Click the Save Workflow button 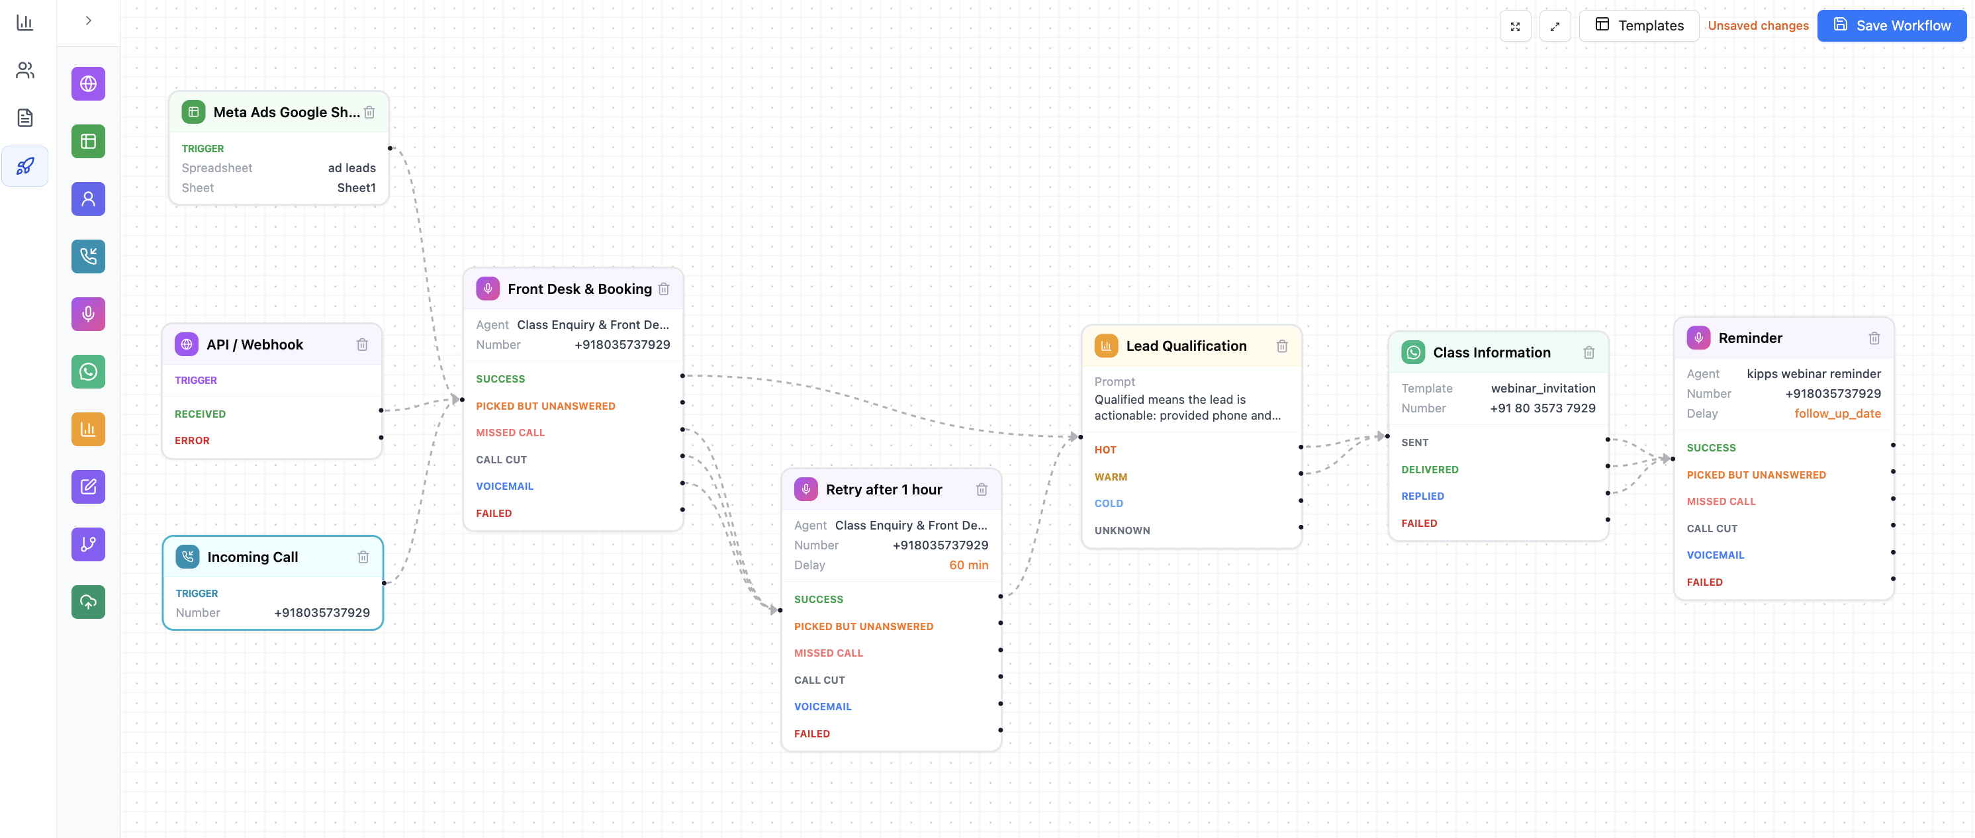[x=1892, y=25]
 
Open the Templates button [x=1639, y=25]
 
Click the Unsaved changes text [x=1758, y=25]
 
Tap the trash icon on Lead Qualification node [x=1282, y=346]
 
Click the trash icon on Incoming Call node [x=363, y=557]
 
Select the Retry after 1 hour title [x=884, y=489]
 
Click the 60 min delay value [x=968, y=565]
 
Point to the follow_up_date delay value [x=1837, y=413]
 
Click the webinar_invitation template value [x=1543, y=388]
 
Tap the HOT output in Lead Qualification [x=1105, y=450]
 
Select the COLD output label [x=1109, y=504]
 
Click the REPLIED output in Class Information [x=1422, y=496]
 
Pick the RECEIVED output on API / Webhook [x=200, y=414]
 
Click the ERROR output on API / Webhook [x=192, y=441]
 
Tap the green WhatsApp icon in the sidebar [x=88, y=372]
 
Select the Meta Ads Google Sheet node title [x=287, y=112]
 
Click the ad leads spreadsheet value [x=352, y=168]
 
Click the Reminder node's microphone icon [x=1698, y=338]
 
